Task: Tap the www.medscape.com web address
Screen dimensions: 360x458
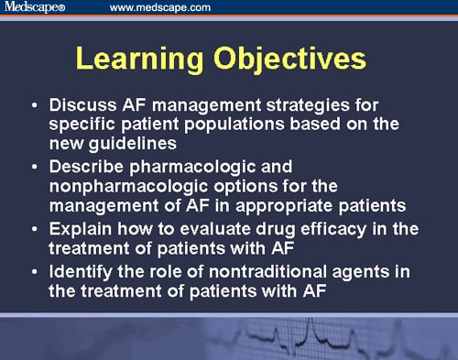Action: point(159,8)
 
